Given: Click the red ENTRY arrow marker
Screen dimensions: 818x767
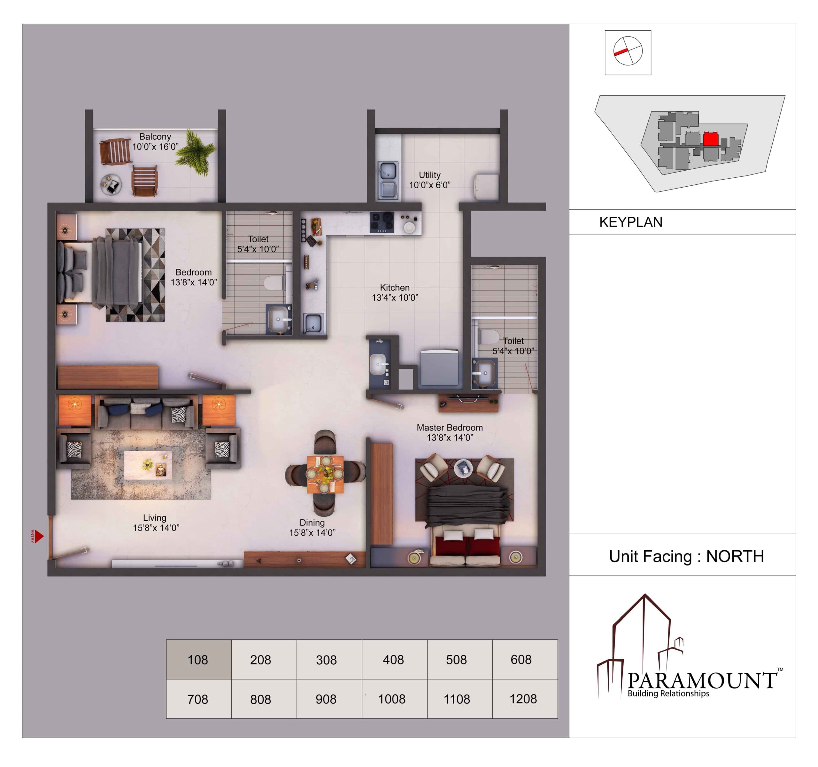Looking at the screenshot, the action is click(39, 537).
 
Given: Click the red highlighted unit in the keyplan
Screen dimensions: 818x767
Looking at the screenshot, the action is click(711, 139).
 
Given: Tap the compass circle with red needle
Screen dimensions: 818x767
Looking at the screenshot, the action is click(628, 50).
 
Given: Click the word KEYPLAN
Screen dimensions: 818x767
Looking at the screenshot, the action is click(631, 222).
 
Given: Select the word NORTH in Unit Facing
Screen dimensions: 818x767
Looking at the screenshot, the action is click(735, 556).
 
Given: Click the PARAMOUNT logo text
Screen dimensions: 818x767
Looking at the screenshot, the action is click(702, 680).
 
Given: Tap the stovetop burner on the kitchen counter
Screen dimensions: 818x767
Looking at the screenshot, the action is click(382, 222).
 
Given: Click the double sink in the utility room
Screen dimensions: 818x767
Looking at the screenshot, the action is click(387, 181).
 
